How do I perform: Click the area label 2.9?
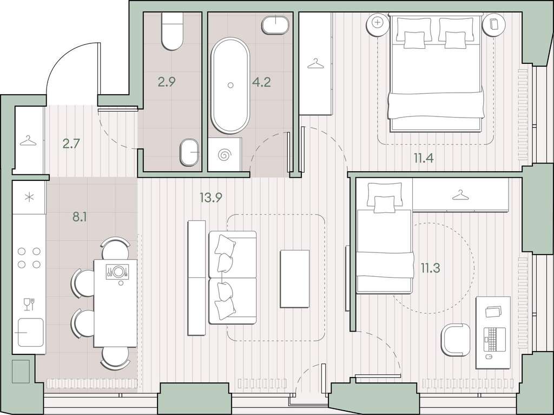[167, 82]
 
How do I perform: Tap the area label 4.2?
[261, 82]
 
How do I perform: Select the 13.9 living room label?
[211, 198]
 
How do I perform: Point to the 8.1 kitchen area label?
[80, 217]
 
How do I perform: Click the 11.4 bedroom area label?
[424, 158]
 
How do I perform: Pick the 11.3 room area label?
[430, 268]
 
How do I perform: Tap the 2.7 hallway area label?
[71, 144]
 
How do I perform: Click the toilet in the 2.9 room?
[173, 31]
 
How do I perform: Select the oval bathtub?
[230, 85]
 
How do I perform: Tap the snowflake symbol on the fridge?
[29, 197]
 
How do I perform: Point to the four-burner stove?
[29, 257]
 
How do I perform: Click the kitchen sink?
[31, 332]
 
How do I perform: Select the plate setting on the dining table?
[117, 272]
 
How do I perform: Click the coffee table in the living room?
[295, 279]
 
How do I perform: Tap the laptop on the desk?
[494, 340]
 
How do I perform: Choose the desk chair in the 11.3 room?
[456, 340]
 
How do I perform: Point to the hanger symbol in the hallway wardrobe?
[28, 141]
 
